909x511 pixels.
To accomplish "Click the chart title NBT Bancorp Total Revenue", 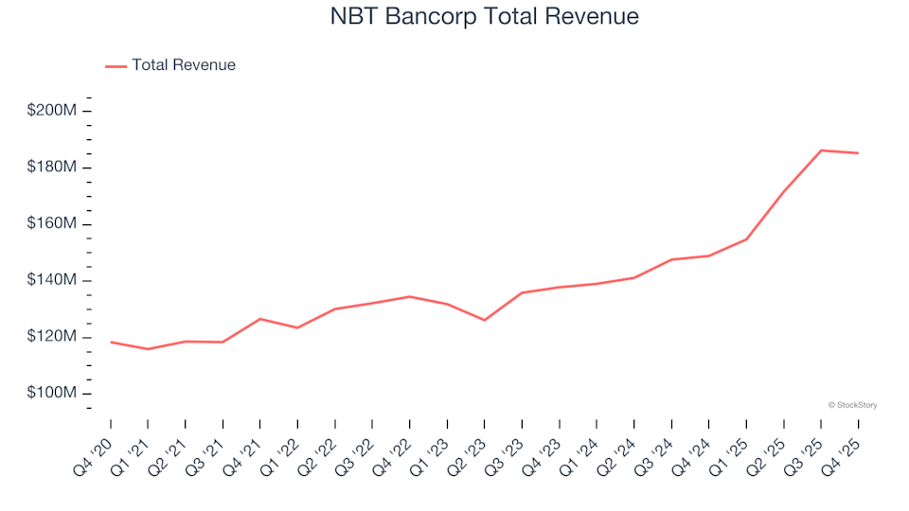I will (x=485, y=17).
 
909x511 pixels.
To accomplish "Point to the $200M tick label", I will (x=52, y=112).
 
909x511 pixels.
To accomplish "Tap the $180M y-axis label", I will (x=52, y=167).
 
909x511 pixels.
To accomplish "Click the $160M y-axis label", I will (x=52, y=224).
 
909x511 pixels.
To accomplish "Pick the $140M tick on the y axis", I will (x=52, y=281).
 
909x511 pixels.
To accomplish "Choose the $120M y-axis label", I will (x=52, y=337).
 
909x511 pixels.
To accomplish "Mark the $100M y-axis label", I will (x=52, y=394).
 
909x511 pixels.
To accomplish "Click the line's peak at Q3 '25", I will (x=821, y=150).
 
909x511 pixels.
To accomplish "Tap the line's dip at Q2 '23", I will (x=485, y=320).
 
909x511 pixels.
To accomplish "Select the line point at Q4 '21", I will (x=260, y=319).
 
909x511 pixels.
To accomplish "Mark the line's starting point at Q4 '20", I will (x=111, y=342).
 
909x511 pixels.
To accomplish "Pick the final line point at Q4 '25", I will (x=858, y=153).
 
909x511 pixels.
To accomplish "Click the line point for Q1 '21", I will (x=148, y=349).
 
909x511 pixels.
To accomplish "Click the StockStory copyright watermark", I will (x=852, y=405).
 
